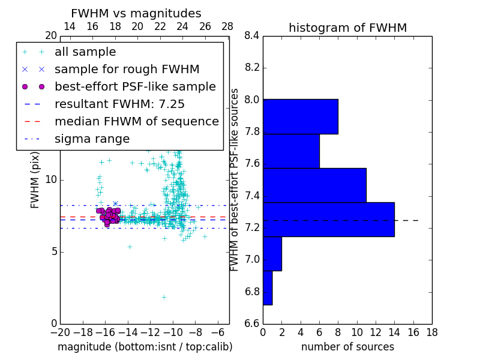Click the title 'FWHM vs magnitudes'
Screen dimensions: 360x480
136,14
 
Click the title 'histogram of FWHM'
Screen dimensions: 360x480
347,28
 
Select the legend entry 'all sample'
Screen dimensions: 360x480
85,52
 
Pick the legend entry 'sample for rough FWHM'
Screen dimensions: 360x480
127,70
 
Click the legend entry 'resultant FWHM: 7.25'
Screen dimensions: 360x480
119,104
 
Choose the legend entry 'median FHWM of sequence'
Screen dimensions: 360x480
136,122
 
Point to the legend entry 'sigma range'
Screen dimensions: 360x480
92,139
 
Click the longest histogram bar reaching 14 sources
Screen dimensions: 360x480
328,220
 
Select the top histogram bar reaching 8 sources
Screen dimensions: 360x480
300,116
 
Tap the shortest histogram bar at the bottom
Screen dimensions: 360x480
268,288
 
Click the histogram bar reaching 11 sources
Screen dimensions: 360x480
314,185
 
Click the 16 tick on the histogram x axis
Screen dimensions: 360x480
413,332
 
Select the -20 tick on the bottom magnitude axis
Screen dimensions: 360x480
60,332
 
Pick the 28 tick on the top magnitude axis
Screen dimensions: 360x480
227,26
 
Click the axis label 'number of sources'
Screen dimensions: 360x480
347,347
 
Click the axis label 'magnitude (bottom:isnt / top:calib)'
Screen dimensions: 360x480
145,347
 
